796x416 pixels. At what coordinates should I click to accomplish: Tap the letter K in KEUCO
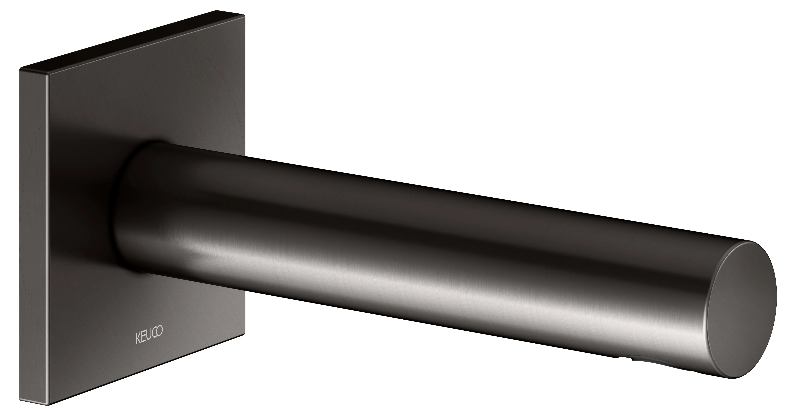(x=138, y=339)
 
